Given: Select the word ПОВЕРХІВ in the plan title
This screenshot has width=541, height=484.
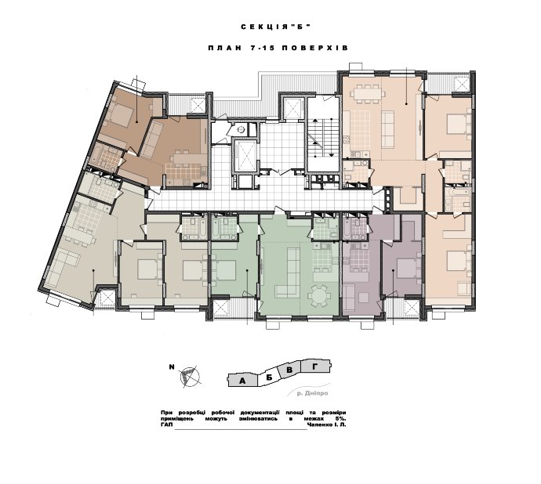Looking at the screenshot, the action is [x=315, y=48].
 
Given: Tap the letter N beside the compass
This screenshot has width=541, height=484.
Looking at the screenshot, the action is [x=172, y=367].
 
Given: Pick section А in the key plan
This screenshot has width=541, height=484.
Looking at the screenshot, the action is [x=242, y=381].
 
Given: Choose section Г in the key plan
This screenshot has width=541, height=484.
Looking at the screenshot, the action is [x=314, y=367].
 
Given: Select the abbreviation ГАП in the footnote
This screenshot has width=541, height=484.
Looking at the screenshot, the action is [x=167, y=424].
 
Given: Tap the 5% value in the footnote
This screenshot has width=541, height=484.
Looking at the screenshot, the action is [x=340, y=418].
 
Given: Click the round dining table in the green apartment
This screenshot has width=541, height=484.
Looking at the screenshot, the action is [x=319, y=295].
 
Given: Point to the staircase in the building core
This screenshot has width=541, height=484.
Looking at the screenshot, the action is [x=323, y=137].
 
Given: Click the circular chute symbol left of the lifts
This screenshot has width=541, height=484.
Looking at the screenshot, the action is [x=241, y=129].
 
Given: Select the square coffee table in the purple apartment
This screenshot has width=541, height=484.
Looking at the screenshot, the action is [x=364, y=297].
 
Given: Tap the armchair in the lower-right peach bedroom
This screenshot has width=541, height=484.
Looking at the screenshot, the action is [x=464, y=288].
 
